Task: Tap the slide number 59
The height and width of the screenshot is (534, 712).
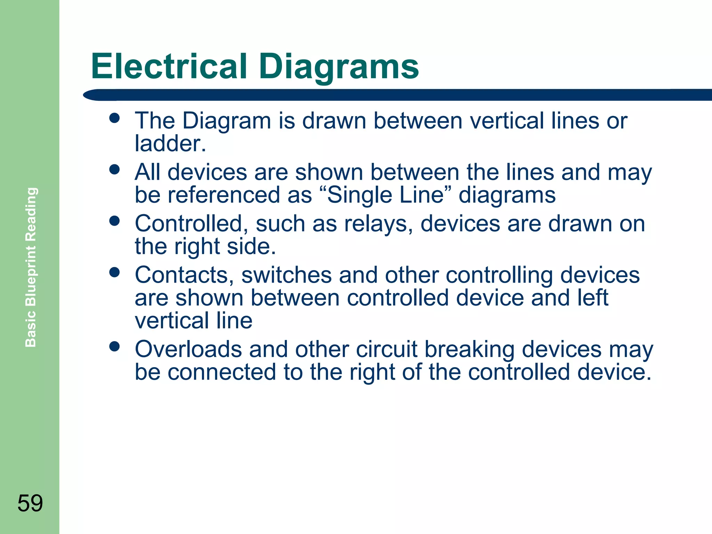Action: pyautogui.click(x=30, y=503)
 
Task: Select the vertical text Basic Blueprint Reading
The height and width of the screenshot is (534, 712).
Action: pyautogui.click(x=31, y=267)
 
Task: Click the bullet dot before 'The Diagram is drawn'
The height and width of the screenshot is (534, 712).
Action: pyautogui.click(x=114, y=118)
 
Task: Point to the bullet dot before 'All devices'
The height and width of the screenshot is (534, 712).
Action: pyautogui.click(x=114, y=169)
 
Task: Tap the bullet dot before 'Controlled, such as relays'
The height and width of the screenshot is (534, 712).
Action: pyautogui.click(x=114, y=221)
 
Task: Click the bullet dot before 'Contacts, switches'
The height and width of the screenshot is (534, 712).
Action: pyautogui.click(x=114, y=272)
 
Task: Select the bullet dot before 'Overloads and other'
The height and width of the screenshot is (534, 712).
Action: pyautogui.click(x=114, y=346)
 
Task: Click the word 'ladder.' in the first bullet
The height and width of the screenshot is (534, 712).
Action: pyautogui.click(x=170, y=143)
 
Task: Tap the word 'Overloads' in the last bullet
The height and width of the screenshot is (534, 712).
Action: pyautogui.click(x=188, y=349)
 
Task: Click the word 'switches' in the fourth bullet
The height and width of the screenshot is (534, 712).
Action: pyautogui.click(x=286, y=275)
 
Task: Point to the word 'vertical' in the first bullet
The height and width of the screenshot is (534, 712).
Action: pyautogui.click(x=507, y=121)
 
